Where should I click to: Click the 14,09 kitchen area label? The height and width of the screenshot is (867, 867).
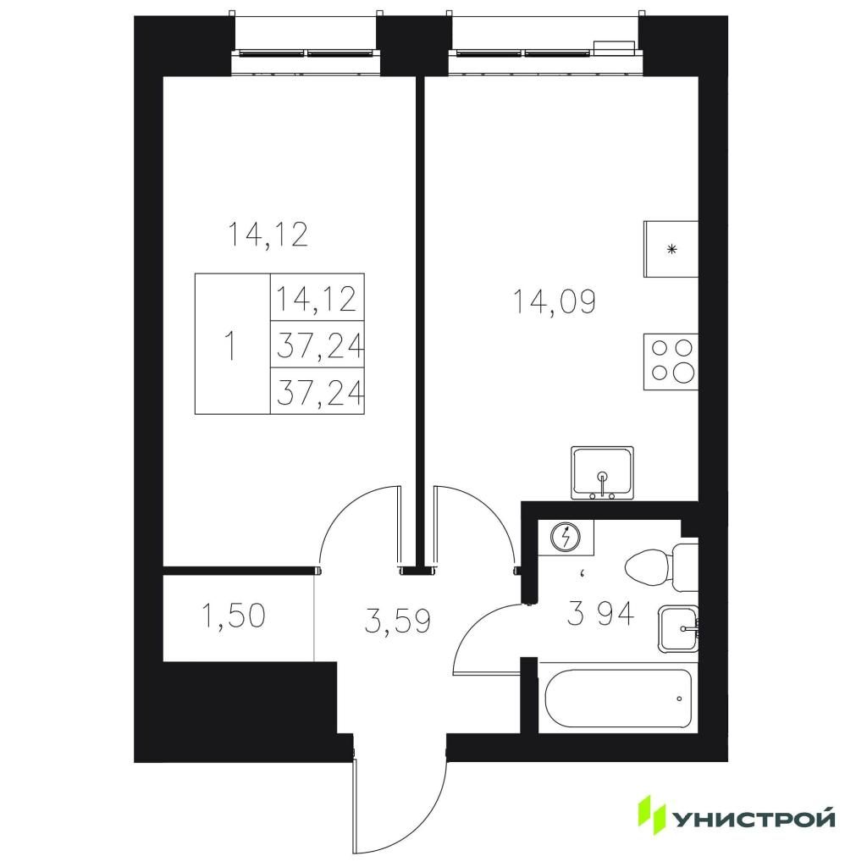pyautogui.click(x=555, y=302)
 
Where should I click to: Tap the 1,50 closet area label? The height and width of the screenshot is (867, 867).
pyautogui.click(x=235, y=616)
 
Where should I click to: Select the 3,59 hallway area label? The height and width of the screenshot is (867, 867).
pyautogui.click(x=398, y=621)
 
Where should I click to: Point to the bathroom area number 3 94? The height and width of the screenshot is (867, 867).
pyautogui.click(x=600, y=614)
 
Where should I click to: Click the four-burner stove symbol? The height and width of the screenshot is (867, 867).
pyautogui.click(x=671, y=362)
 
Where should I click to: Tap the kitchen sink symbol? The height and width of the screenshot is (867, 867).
pyautogui.click(x=602, y=472)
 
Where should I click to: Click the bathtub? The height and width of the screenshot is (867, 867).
pyautogui.click(x=618, y=699)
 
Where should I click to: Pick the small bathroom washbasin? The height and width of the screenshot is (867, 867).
pyautogui.click(x=678, y=629)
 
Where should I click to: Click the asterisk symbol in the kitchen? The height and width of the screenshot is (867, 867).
pyautogui.click(x=671, y=250)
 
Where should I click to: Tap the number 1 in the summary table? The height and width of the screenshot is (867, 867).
pyautogui.click(x=231, y=346)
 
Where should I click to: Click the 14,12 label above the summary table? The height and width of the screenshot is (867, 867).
pyautogui.click(x=268, y=235)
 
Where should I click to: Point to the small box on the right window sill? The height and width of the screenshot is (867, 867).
pyautogui.click(x=614, y=47)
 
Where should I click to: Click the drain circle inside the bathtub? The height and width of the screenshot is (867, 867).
pyautogui.click(x=680, y=699)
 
